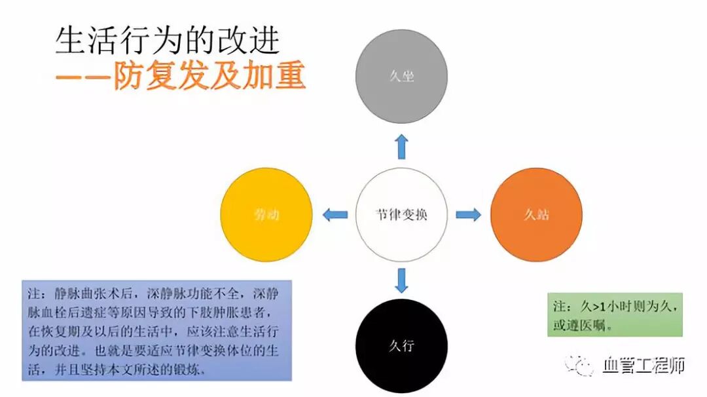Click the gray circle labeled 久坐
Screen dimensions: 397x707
(x=401, y=76)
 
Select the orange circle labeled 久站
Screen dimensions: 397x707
(x=536, y=214)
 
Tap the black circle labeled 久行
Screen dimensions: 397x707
(x=401, y=345)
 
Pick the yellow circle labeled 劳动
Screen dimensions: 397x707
(x=266, y=214)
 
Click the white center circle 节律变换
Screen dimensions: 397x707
(x=401, y=214)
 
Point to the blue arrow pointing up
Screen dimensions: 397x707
(x=401, y=147)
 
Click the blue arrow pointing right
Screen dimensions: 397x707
(x=467, y=214)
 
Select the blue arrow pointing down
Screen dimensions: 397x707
(x=401, y=280)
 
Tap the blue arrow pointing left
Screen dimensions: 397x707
(x=335, y=214)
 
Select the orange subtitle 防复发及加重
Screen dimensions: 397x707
(x=209, y=76)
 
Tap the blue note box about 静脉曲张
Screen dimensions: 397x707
(x=156, y=331)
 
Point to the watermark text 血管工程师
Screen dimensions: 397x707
(x=643, y=365)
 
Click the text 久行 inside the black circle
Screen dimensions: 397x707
(x=401, y=345)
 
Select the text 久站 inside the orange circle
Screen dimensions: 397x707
(x=536, y=214)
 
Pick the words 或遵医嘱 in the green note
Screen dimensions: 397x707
(x=582, y=325)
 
